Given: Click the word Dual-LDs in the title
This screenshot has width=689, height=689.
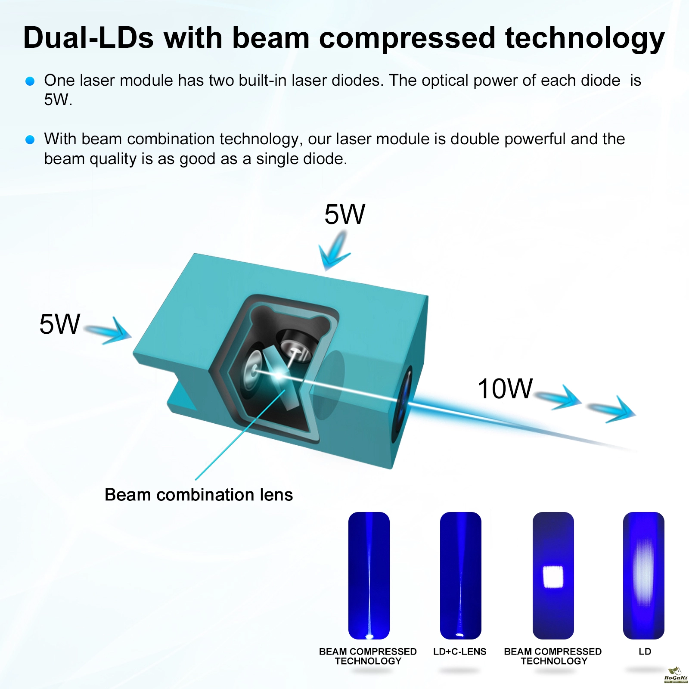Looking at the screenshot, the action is [88, 37].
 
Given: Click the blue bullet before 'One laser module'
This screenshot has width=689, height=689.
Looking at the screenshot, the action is [30, 81].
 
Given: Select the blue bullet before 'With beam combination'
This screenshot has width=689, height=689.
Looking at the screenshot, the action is [30, 140].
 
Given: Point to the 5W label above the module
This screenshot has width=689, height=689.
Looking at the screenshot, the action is [344, 214].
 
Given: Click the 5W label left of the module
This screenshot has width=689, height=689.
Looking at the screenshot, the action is [59, 324].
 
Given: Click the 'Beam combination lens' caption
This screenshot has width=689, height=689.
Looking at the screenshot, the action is [199, 495].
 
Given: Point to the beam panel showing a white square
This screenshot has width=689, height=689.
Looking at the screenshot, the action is [553, 575].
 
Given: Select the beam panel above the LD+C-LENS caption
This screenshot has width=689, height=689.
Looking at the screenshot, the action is [460, 575].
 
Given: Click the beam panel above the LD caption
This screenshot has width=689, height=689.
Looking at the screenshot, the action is [644, 575].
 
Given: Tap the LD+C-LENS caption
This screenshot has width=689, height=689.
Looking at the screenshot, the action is [460, 652].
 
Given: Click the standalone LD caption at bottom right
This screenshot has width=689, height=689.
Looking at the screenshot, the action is [645, 652].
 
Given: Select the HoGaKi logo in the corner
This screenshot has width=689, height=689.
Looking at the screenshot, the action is [676, 675].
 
